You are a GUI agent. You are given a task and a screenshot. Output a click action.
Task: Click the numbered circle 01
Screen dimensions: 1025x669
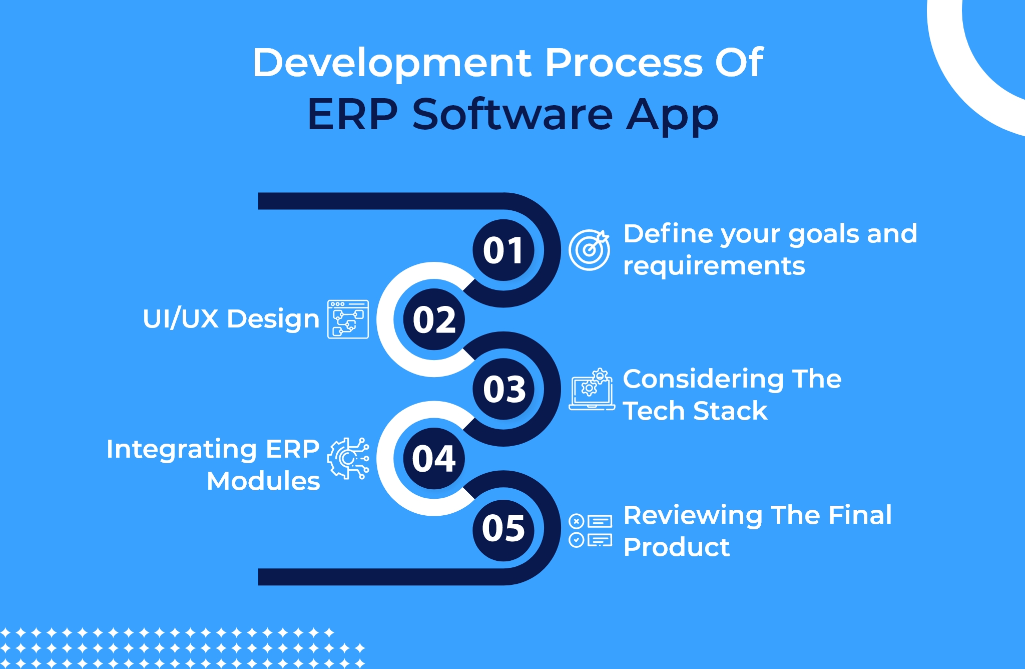point(503,250)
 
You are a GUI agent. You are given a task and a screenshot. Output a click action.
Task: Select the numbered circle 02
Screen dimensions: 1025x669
point(434,319)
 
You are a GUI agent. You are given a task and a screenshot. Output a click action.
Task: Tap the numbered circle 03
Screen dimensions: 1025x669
point(503,389)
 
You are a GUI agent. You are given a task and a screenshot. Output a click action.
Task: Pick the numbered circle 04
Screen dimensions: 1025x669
point(434,459)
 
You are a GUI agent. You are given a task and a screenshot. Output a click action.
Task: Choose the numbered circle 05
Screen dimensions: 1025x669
point(503,528)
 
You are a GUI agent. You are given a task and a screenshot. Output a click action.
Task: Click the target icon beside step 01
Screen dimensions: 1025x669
point(589,250)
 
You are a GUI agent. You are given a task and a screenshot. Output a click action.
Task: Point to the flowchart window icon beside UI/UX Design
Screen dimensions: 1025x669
point(348,319)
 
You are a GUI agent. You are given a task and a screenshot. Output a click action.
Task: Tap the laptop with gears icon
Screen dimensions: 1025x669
point(592,390)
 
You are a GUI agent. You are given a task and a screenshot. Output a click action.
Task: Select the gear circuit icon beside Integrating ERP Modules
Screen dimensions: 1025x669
point(348,458)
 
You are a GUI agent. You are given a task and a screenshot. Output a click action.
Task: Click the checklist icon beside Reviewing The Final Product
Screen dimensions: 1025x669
point(591,530)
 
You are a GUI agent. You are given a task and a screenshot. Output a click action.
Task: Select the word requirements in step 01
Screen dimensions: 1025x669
point(714,266)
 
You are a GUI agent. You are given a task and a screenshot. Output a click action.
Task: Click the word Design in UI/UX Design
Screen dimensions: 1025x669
point(273,319)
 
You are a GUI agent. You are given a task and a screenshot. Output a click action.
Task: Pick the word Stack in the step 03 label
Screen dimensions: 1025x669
point(731,411)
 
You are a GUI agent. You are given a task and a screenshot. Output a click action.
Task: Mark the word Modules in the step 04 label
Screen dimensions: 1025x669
point(263,481)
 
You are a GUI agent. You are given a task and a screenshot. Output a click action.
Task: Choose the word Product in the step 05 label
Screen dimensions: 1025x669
point(677,547)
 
